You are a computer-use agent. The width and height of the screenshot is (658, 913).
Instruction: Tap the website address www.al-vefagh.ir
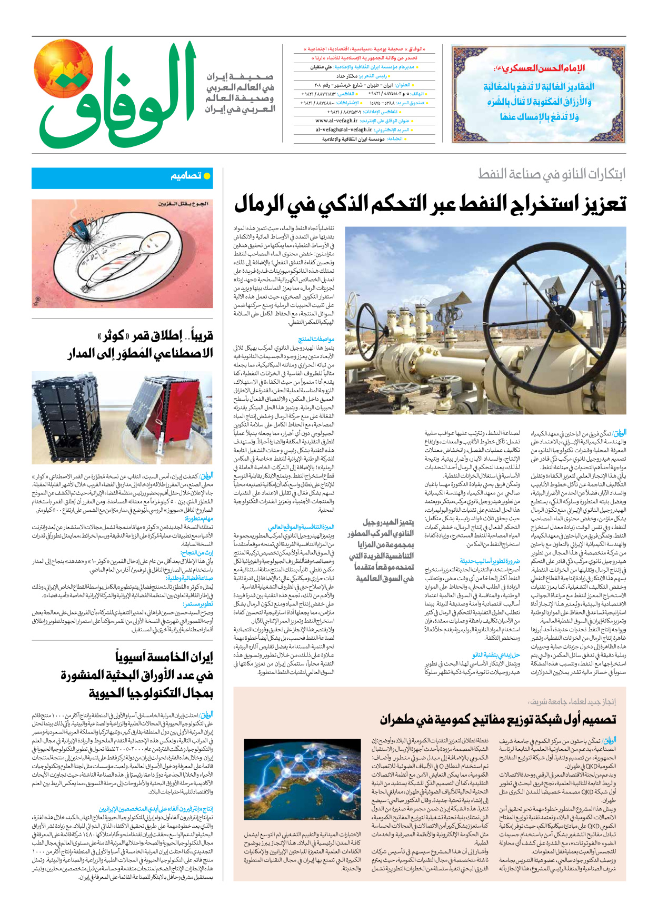click(336, 121)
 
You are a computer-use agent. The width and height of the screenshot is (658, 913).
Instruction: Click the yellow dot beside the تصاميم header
click(207, 176)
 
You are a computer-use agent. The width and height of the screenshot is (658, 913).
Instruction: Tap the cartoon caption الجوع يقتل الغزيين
click(184, 204)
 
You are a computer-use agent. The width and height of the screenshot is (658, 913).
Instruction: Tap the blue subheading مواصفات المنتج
click(316, 340)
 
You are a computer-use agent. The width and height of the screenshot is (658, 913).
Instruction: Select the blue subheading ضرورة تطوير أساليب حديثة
click(490, 561)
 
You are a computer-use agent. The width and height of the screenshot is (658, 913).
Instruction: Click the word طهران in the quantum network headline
click(401, 719)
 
